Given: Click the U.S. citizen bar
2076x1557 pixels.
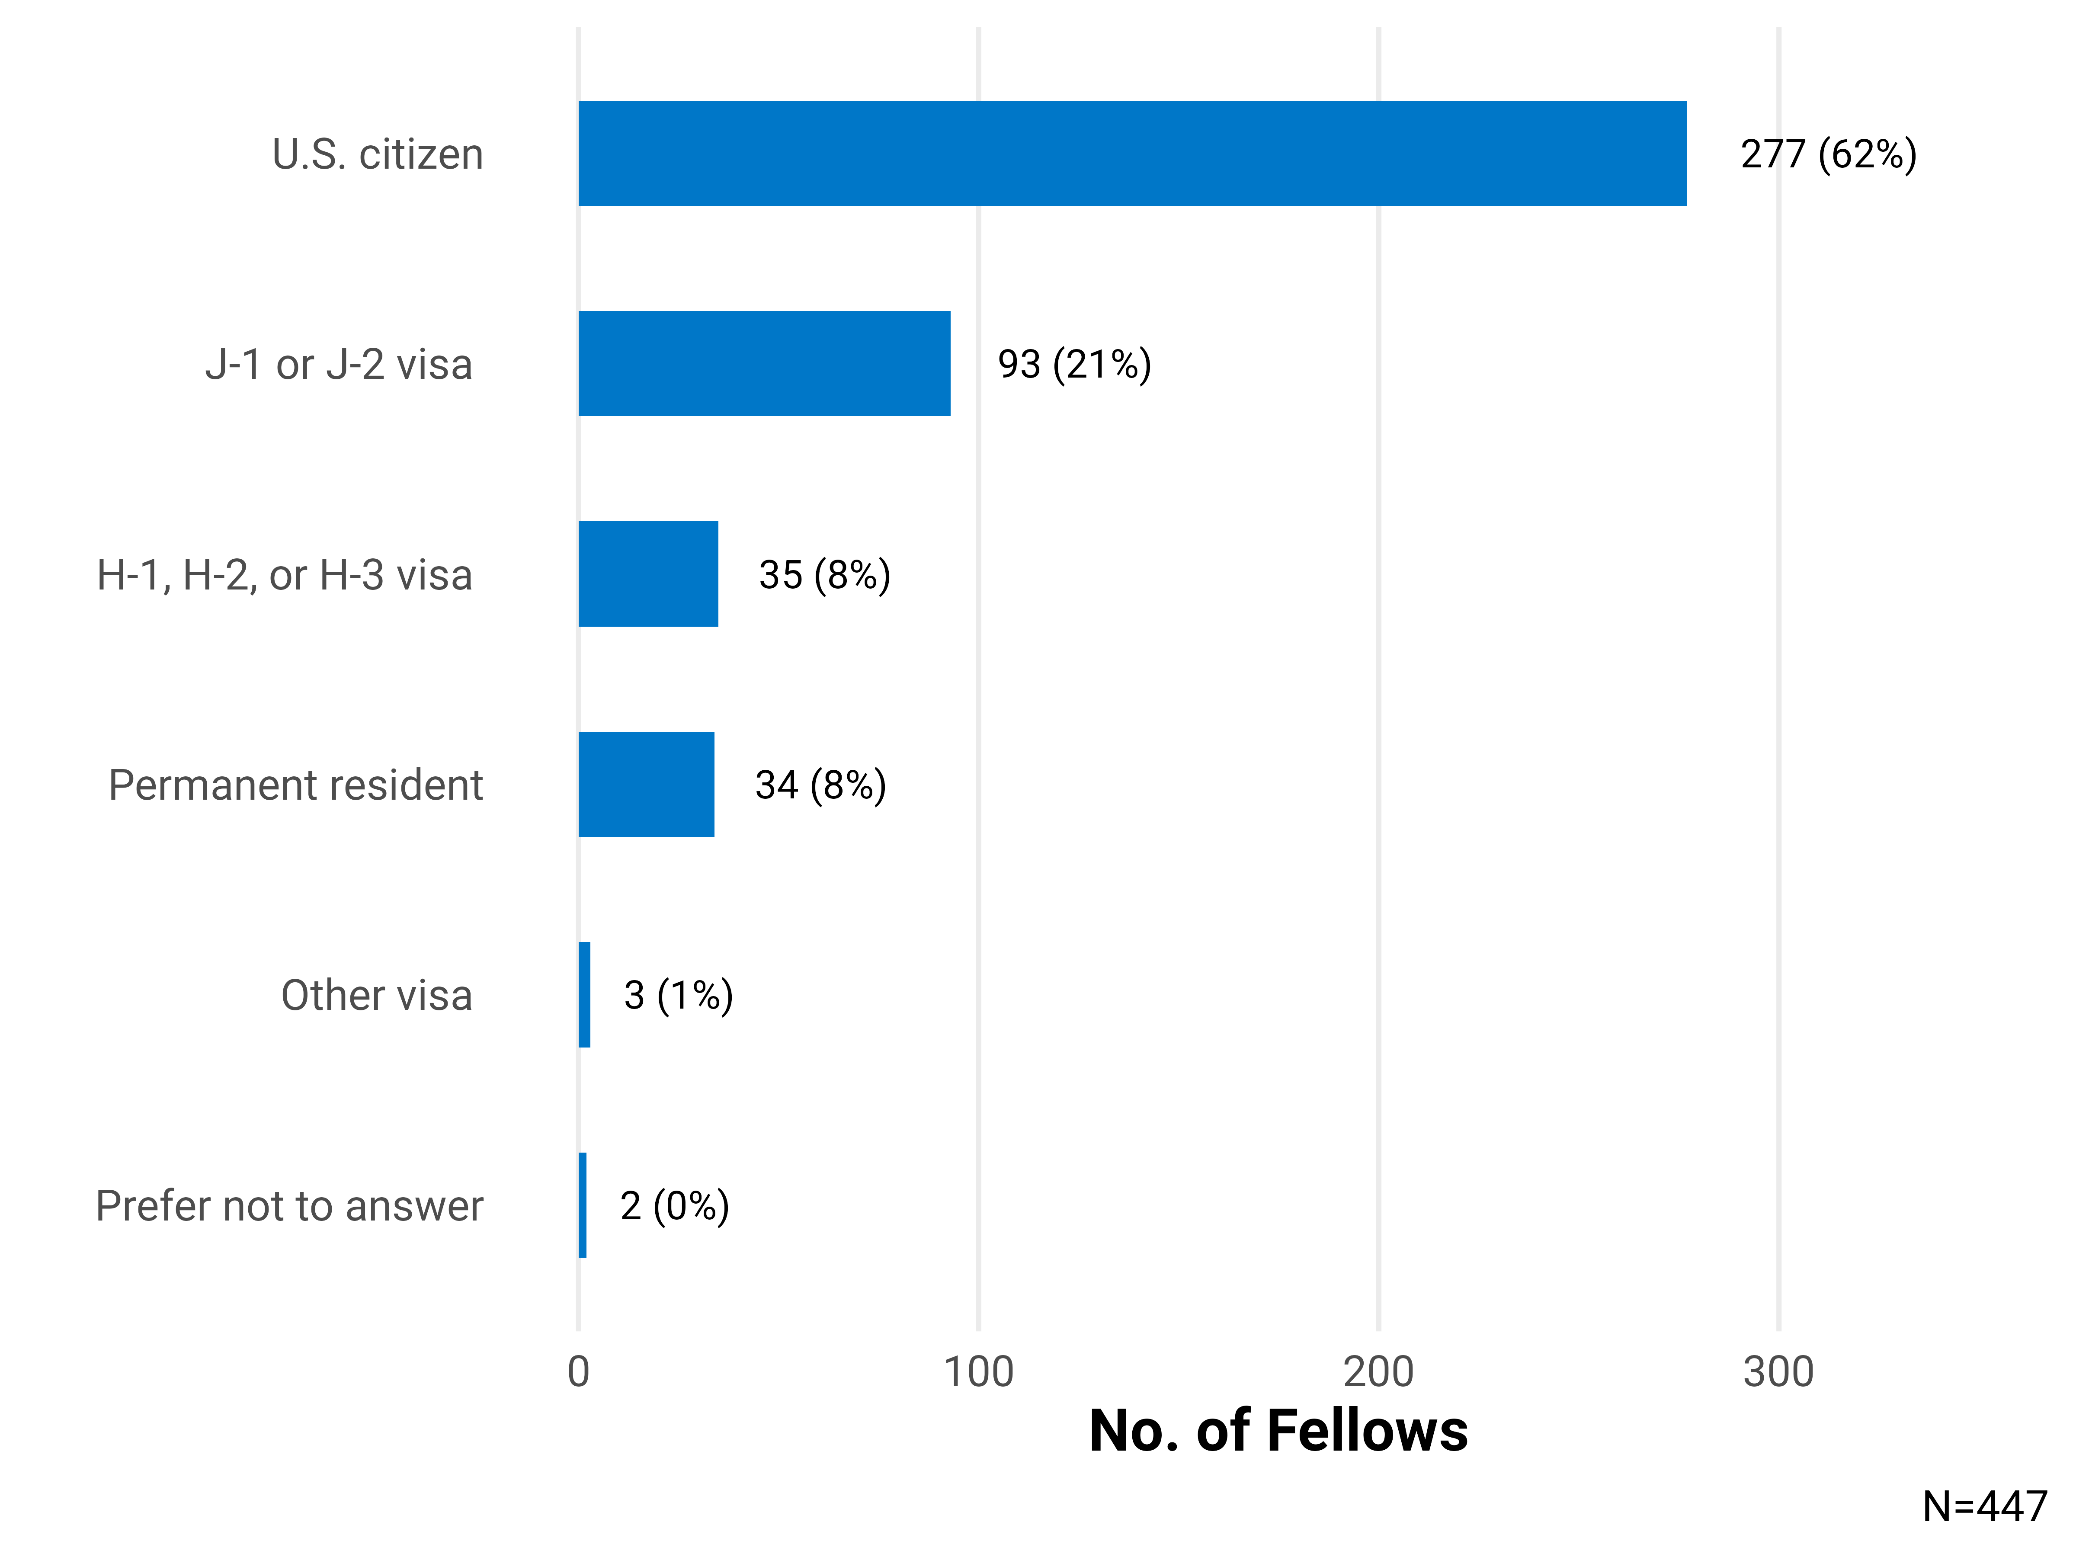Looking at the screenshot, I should [x=1132, y=153].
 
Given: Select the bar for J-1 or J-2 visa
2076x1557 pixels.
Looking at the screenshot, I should [x=764, y=363].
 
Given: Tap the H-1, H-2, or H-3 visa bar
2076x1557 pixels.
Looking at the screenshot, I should [x=647, y=573].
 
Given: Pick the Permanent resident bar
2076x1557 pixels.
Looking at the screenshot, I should [x=646, y=784].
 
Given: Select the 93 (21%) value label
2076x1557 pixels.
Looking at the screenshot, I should [x=1073, y=364].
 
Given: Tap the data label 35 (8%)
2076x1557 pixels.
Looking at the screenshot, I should [x=824, y=574].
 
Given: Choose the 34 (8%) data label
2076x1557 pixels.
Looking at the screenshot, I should [x=820, y=785].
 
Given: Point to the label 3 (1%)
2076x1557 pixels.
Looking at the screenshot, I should [x=678, y=995].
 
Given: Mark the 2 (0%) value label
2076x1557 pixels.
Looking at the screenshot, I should [x=674, y=1205].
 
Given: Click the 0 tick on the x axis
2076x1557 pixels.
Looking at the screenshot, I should [x=578, y=1372].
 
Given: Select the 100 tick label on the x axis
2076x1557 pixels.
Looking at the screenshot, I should [x=978, y=1372].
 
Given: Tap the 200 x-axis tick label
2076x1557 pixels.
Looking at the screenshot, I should [x=1378, y=1372].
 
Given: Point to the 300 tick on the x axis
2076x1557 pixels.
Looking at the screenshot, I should [x=1778, y=1372].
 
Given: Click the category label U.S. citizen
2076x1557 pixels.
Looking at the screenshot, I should [x=377, y=154].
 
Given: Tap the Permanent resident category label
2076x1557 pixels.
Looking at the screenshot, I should [x=296, y=785].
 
